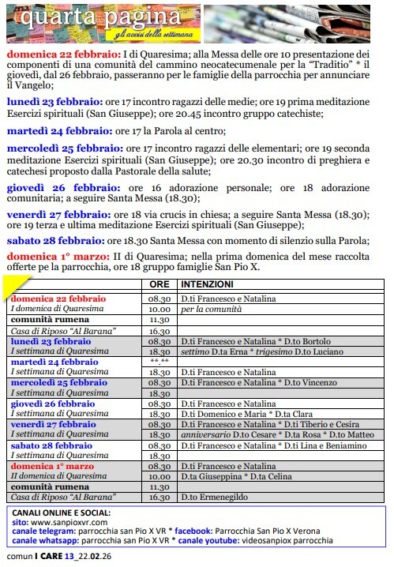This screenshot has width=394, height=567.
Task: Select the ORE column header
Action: [159, 283]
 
